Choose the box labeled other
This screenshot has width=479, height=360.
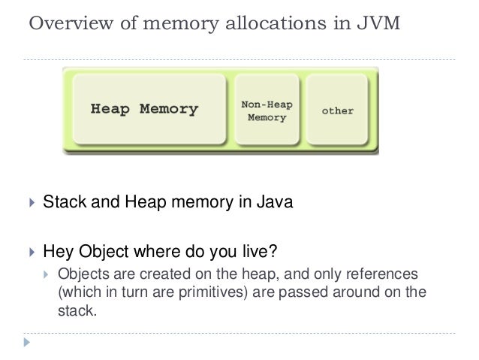tap(337, 110)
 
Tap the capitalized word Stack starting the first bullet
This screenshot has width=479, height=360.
tap(64, 202)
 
